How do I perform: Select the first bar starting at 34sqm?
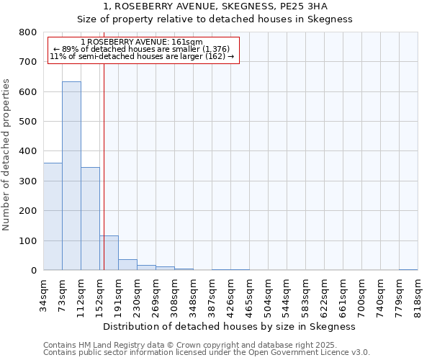[53, 216]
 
